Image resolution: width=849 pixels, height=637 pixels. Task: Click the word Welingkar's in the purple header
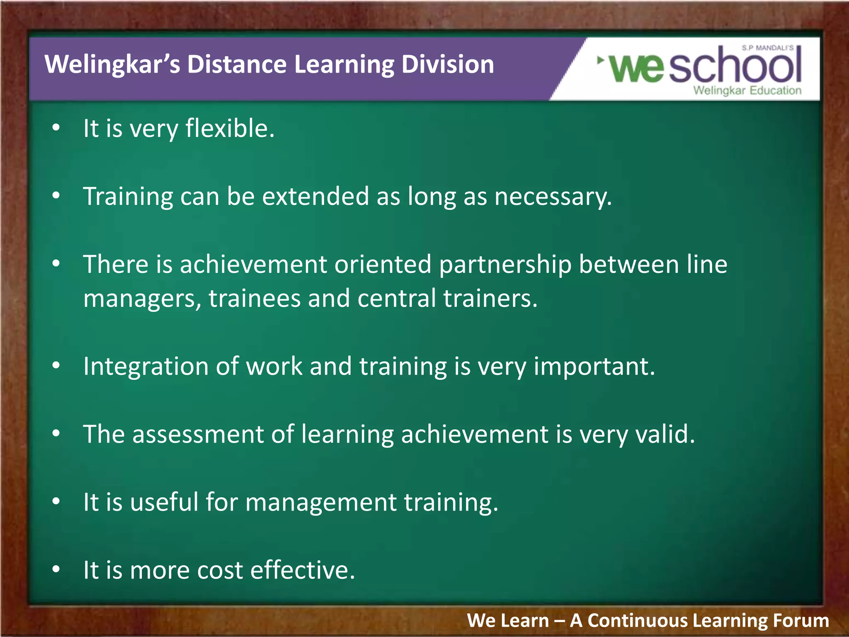pyautogui.click(x=112, y=65)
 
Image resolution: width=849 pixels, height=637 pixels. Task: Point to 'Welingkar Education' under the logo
pyautogui.click(x=747, y=90)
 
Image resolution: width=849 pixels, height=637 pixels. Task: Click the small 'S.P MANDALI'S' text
pyautogui.click(x=767, y=48)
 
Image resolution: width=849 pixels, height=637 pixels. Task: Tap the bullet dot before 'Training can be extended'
pyautogui.click(x=56, y=196)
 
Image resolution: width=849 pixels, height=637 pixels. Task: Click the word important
pyautogui.click(x=594, y=367)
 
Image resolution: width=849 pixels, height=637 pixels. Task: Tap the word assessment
pyautogui.click(x=198, y=435)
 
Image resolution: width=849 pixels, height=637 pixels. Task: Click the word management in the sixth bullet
pyautogui.click(x=321, y=503)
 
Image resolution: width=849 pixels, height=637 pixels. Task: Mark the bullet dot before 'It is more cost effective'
pyautogui.click(x=56, y=570)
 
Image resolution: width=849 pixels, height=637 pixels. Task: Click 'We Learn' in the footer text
pyautogui.click(x=507, y=621)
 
